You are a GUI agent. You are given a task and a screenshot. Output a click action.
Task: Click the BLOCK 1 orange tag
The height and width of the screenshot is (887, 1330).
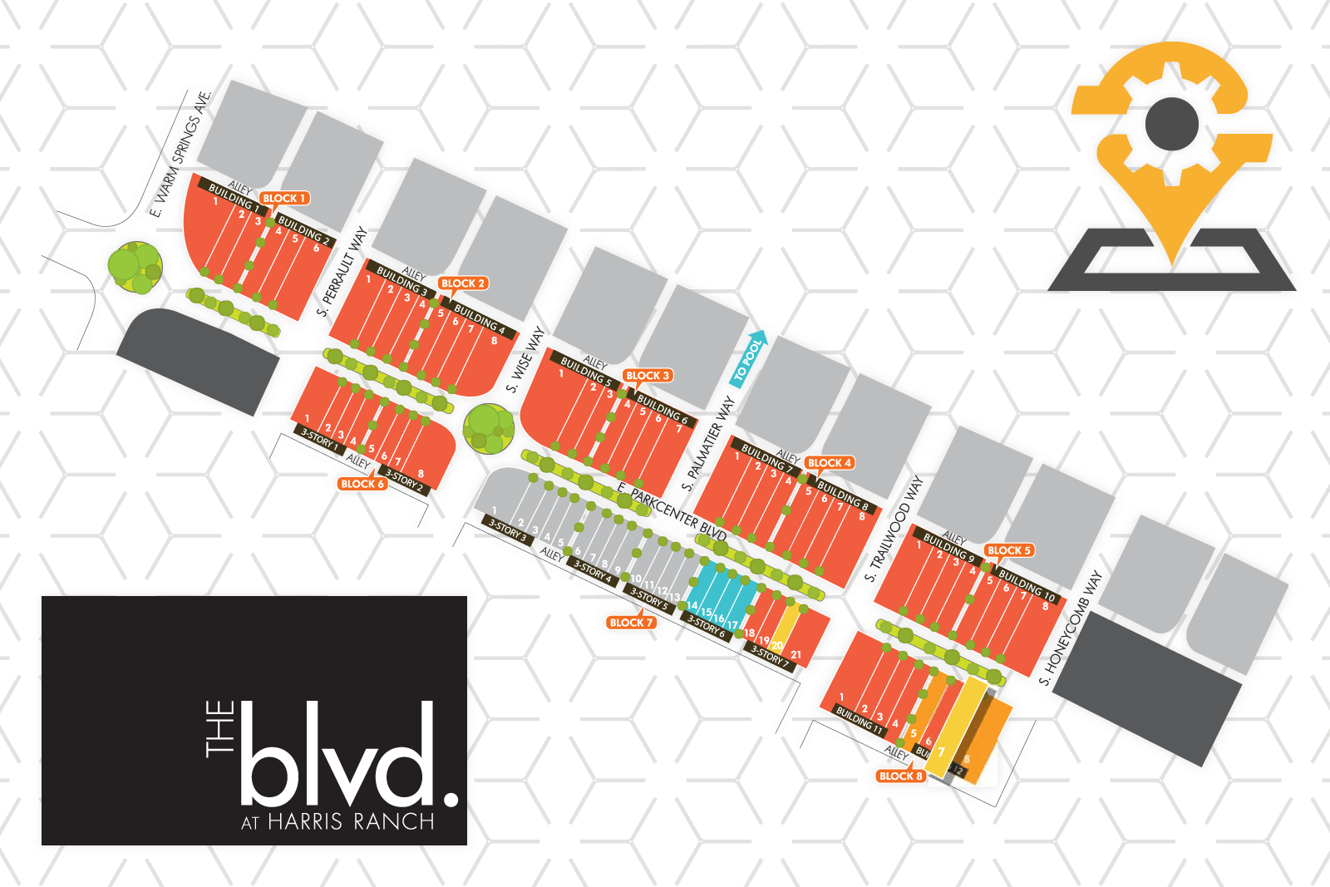284,198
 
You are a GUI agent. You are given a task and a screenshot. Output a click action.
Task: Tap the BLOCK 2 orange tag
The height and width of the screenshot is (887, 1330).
462,283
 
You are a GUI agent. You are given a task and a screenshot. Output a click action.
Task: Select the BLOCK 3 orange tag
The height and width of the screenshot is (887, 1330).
648,376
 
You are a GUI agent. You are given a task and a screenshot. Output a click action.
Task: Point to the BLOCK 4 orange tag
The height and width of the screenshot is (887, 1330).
829,463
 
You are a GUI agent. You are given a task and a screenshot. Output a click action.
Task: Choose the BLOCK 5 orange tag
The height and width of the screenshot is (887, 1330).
1008,550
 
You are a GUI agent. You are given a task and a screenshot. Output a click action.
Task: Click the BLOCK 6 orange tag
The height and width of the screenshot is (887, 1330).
362,484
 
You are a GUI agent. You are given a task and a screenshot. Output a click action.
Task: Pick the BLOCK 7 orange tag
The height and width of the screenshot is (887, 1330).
631,623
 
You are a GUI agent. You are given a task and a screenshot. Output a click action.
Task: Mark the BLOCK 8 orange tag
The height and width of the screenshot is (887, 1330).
900,776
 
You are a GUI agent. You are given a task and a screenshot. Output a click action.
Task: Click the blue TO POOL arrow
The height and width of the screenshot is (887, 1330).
748,359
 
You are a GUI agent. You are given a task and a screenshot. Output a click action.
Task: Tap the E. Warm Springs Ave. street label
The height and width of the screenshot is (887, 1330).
181,153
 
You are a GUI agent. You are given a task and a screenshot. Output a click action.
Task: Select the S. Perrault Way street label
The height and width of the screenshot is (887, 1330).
342,271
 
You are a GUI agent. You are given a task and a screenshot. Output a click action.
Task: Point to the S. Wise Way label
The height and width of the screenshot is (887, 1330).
525,359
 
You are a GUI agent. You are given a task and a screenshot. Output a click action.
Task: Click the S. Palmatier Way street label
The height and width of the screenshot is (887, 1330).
708,443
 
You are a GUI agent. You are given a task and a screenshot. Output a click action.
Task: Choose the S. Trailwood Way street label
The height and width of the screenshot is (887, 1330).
894,529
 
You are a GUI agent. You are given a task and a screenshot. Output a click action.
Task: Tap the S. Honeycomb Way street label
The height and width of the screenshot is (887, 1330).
1071,628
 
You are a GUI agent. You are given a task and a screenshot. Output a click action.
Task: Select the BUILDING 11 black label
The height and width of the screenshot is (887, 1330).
860,720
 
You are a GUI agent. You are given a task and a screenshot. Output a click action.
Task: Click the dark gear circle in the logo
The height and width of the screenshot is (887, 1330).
1171,125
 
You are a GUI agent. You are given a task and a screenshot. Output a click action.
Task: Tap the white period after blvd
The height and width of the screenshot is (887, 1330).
451,799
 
